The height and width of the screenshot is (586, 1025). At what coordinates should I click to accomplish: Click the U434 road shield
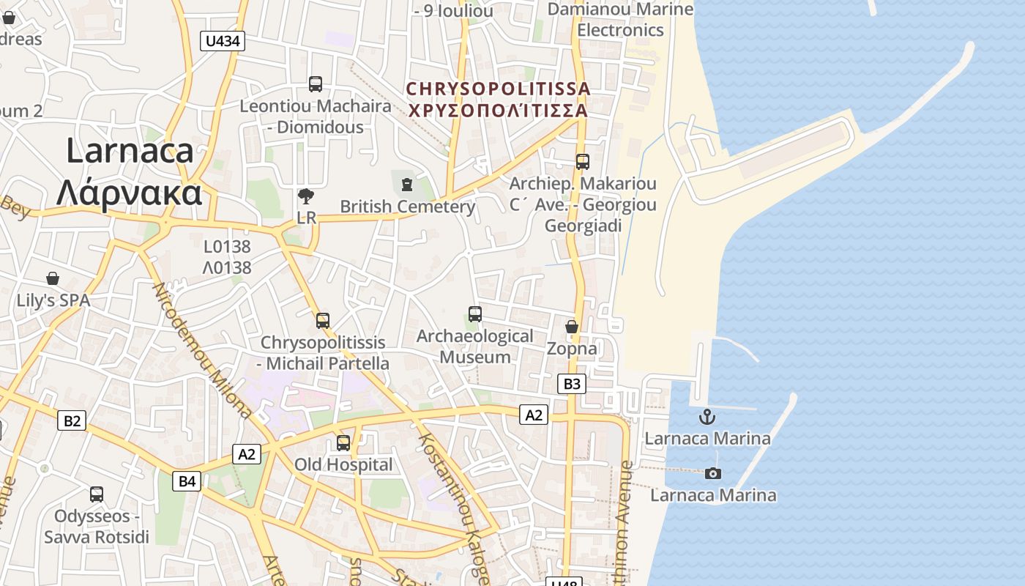coord(223,41)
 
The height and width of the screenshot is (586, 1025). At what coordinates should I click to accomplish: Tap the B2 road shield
coord(72,420)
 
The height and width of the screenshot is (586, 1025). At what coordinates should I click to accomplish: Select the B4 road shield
coord(187,481)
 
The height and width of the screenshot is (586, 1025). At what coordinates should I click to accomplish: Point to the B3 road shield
coord(572,383)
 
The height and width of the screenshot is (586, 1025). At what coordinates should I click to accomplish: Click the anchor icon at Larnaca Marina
coord(707,418)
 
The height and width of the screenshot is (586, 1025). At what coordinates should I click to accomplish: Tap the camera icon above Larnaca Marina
coord(712,474)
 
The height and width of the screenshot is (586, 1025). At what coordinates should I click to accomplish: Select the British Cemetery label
coord(408,207)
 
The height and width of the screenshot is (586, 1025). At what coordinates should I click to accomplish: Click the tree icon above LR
coord(306,196)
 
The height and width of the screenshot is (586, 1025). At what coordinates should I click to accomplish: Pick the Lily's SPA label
coord(53,300)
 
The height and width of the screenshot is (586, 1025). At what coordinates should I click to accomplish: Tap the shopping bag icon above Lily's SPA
coord(53,278)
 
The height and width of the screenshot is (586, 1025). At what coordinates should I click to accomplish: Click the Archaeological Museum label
coord(474,346)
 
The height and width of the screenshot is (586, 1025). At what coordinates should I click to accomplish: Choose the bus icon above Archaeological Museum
coord(474,314)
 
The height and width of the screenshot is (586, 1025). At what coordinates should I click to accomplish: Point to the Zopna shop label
coord(572,349)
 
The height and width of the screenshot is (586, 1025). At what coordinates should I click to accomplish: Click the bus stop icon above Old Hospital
coord(343,443)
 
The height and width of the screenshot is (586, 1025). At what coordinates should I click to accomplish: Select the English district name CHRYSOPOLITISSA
coord(498,89)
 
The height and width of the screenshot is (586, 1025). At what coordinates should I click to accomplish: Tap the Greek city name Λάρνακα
coord(129,193)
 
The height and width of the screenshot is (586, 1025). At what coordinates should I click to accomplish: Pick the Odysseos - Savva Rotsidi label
coord(97,527)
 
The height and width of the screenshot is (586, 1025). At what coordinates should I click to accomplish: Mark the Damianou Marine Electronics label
coord(620,20)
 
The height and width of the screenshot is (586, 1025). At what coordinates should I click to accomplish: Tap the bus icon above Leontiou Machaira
coord(316,84)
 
